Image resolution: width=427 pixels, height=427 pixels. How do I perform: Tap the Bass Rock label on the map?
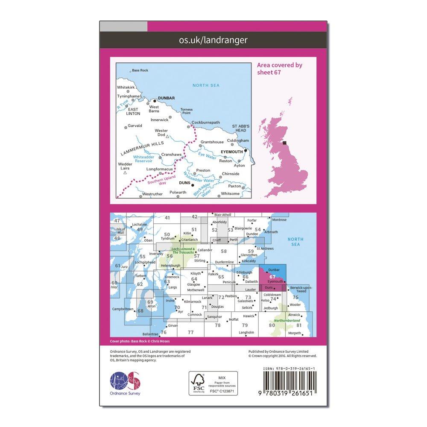coord(140,70)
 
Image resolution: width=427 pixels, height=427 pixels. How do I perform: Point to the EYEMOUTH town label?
coord(231,152)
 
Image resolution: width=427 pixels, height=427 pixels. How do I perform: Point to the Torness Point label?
coord(187,111)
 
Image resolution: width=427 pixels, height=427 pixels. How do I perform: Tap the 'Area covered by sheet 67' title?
coord(280,68)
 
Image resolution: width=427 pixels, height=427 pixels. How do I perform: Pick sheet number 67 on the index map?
coord(272,276)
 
